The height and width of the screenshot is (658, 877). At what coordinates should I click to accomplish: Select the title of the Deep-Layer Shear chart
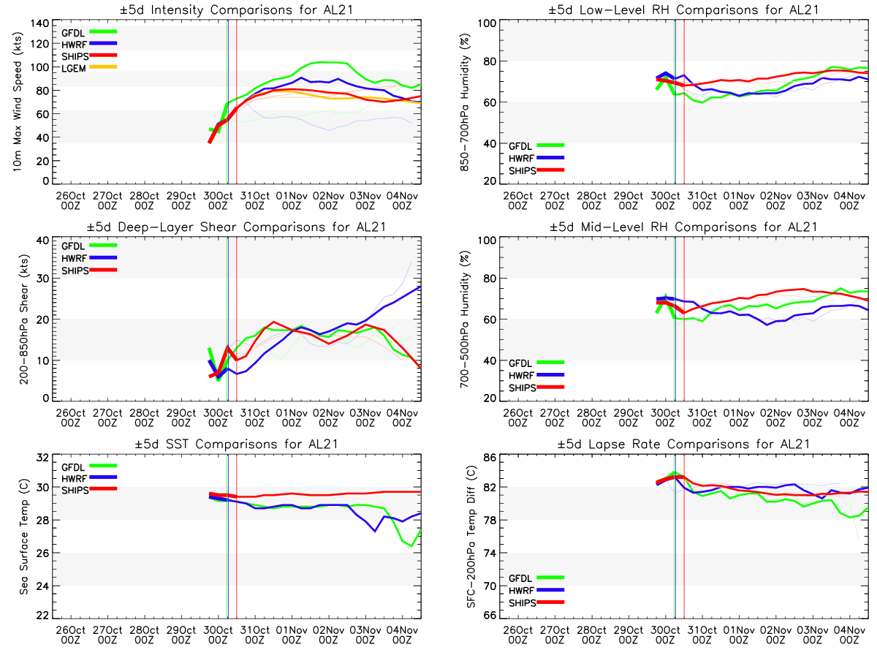237,227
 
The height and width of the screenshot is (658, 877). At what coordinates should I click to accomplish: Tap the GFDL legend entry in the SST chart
75,466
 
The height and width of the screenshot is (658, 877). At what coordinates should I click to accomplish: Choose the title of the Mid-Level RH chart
683,227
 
